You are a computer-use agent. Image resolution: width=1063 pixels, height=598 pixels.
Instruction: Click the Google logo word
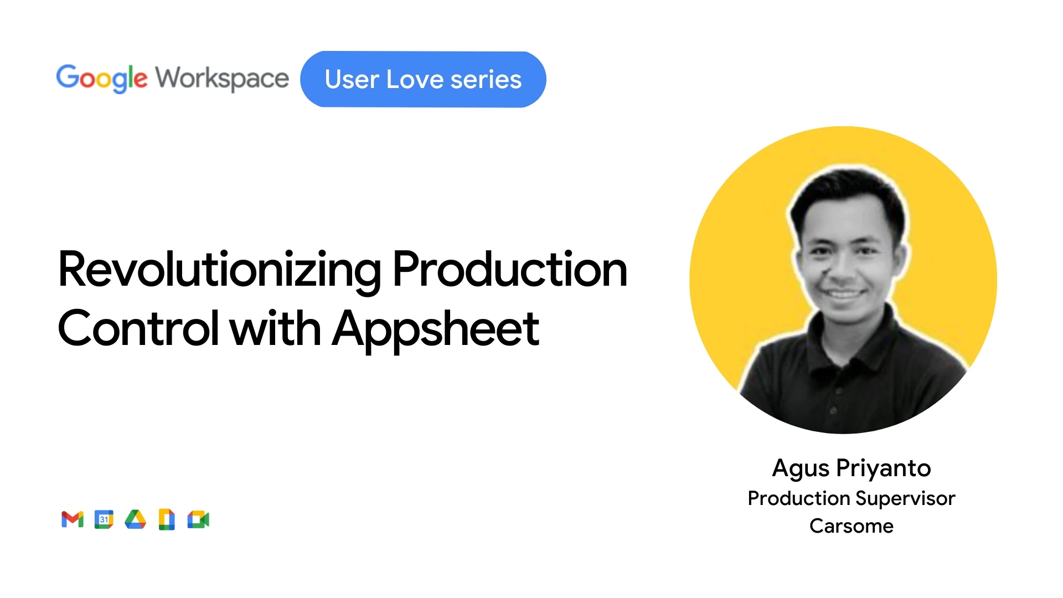pyautogui.click(x=102, y=79)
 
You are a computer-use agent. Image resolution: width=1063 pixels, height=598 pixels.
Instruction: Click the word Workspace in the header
pyautogui.click(x=222, y=79)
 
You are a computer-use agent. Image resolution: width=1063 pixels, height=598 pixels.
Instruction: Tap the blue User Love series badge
pyautogui.click(x=423, y=79)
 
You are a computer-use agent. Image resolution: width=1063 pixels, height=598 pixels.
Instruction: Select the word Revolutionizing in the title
pyautogui.click(x=220, y=270)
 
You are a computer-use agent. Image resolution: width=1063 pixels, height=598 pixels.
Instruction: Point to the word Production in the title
pyautogui.click(x=510, y=269)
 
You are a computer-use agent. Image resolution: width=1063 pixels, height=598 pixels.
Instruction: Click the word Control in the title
pyautogui.click(x=138, y=328)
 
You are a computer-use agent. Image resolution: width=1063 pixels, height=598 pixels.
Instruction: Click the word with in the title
pyautogui.click(x=275, y=328)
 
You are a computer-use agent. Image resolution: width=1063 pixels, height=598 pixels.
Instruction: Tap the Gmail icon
pyautogui.click(x=73, y=519)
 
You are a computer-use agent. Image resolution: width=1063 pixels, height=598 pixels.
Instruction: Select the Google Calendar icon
pyautogui.click(x=104, y=519)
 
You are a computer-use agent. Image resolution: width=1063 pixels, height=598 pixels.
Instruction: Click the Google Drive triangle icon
pyautogui.click(x=135, y=519)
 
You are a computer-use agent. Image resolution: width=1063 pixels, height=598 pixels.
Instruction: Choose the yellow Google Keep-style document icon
pyautogui.click(x=167, y=519)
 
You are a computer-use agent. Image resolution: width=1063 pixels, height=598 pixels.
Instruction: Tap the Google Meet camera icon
pyautogui.click(x=198, y=519)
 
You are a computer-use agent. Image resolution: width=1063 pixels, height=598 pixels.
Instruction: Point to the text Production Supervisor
pyautogui.click(x=852, y=499)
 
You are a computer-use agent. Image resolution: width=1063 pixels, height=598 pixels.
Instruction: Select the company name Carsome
pyautogui.click(x=852, y=526)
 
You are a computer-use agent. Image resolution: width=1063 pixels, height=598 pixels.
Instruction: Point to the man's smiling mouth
pyautogui.click(x=845, y=293)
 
